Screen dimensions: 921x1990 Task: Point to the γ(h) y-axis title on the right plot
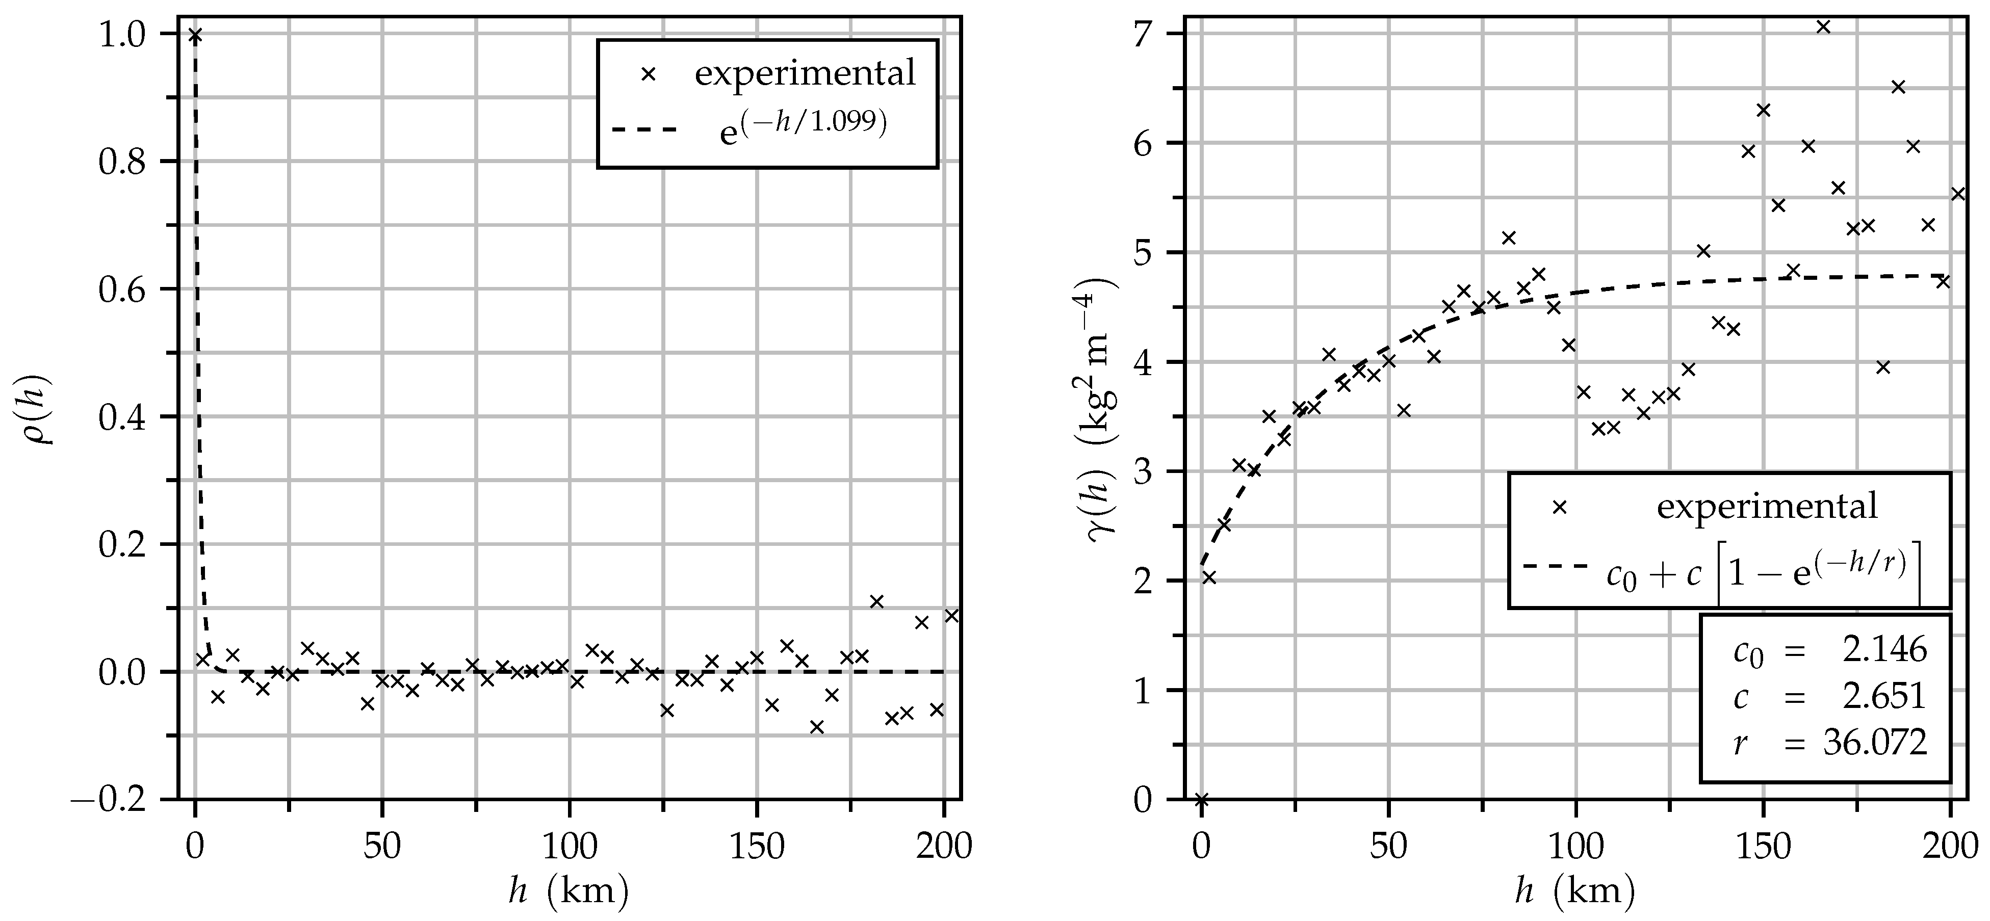click(1102, 411)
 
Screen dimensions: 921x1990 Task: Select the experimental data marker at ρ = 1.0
click(195, 35)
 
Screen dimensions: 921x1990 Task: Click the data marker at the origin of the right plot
click(1201, 799)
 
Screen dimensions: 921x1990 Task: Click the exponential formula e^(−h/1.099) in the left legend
click(804, 126)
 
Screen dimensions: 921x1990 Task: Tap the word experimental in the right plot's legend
click(1767, 507)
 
